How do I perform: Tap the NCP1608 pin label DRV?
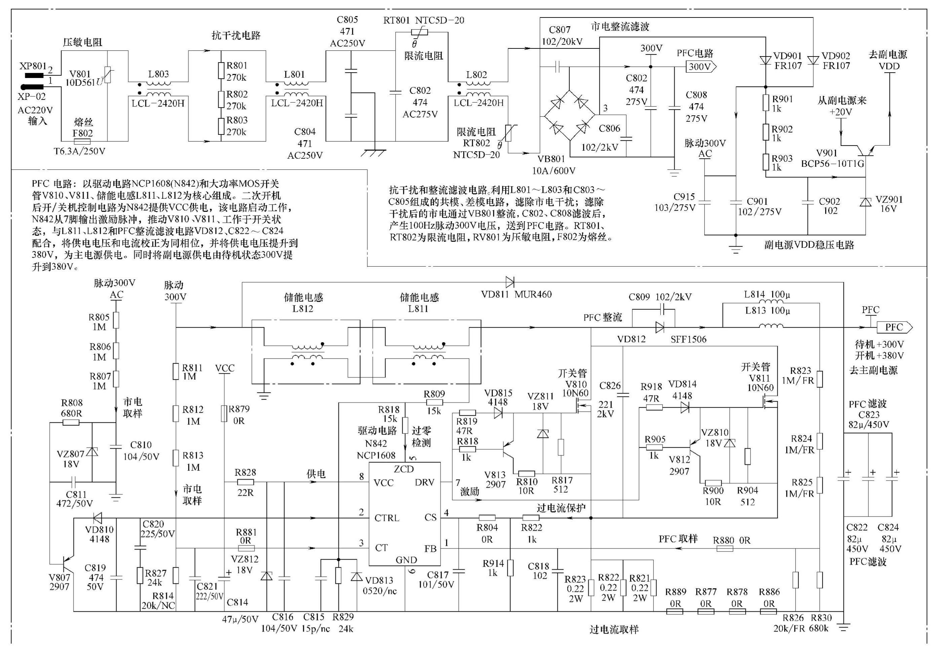point(425,482)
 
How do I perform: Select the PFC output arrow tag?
point(894,327)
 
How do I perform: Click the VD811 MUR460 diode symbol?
point(510,281)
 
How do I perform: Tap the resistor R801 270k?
point(221,70)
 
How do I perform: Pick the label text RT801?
point(396,20)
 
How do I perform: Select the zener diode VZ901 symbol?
point(865,202)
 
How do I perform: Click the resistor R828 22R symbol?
point(245,482)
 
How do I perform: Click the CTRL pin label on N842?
point(386,518)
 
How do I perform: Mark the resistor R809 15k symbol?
point(434,402)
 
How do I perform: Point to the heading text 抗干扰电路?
point(236,36)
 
